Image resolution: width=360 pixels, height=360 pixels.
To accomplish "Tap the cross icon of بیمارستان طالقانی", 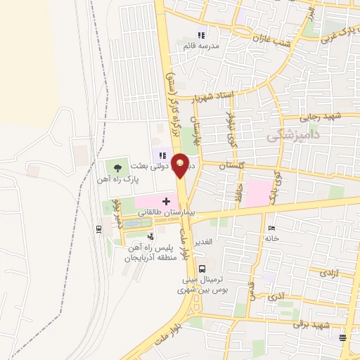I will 166,202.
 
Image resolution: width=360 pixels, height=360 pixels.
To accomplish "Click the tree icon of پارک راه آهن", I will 117,167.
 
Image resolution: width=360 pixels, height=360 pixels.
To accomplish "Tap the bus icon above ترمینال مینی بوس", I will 202,268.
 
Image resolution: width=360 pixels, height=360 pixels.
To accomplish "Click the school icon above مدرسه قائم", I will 202,35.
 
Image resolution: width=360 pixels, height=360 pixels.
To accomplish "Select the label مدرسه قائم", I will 201,46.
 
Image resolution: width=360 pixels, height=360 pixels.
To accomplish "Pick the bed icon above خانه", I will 272,228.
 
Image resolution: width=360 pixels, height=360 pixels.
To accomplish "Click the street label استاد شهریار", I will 205,95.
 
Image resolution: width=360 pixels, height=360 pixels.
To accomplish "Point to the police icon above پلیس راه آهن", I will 150,238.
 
